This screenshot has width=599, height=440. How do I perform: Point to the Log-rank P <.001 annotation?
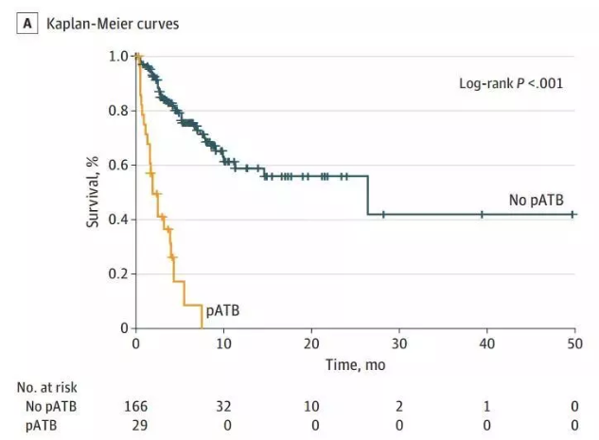510,83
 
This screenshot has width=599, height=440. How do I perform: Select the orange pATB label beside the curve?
223,309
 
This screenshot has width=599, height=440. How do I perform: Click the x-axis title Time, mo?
355,364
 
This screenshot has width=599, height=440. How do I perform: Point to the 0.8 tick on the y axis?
117,111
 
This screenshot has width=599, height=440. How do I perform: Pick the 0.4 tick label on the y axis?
117,220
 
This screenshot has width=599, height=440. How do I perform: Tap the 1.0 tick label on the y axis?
117,57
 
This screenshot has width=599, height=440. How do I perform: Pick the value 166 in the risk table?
137,406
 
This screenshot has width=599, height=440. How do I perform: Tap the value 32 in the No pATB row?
224,406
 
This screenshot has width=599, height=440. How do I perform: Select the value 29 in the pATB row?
137,424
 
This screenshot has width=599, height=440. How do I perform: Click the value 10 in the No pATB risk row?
311,406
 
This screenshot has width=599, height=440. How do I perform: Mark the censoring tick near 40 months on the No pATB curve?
482,215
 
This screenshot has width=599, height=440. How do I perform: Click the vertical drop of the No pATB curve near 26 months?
367,195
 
